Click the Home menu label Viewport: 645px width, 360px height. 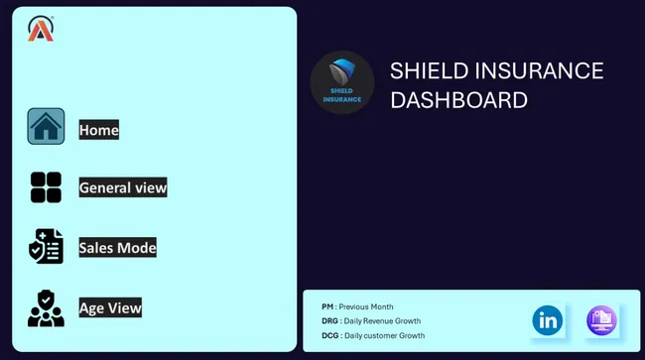(x=99, y=130)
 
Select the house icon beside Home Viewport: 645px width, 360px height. (x=46, y=127)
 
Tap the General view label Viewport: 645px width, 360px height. (x=123, y=187)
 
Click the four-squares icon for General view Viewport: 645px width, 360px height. (x=46, y=186)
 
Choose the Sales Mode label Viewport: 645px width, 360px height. (x=118, y=248)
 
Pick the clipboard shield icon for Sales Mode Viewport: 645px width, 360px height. (x=46, y=247)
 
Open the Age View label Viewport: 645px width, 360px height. (x=110, y=308)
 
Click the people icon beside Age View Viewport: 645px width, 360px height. (x=46, y=308)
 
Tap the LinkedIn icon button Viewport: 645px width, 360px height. (x=548, y=319)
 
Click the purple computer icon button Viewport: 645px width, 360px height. (x=601, y=319)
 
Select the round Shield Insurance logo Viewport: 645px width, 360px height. (x=342, y=82)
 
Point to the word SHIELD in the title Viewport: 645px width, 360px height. (x=429, y=71)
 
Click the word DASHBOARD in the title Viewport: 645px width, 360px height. (x=458, y=100)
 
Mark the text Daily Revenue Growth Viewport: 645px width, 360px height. (x=381, y=321)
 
